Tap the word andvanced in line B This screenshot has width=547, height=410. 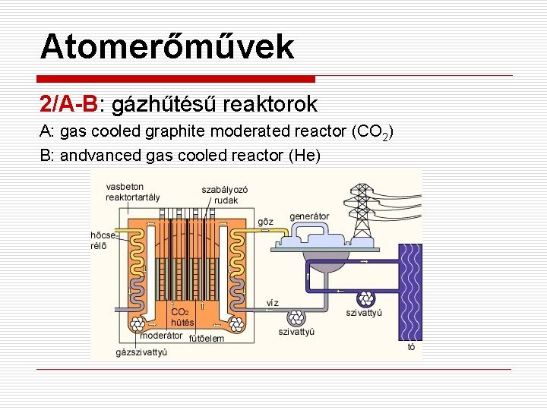106,155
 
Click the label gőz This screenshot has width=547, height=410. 265,222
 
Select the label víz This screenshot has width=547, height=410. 272,302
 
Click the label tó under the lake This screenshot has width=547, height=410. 411,348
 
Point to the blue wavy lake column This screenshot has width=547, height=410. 410,292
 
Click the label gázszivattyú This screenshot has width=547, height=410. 141,352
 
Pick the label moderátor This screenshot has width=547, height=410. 162,335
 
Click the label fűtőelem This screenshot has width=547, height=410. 206,339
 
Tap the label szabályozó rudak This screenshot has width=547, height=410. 225,194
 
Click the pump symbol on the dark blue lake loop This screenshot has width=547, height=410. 365,298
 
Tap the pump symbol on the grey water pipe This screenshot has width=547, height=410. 295,317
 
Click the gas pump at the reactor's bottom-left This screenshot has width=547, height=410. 140,325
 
